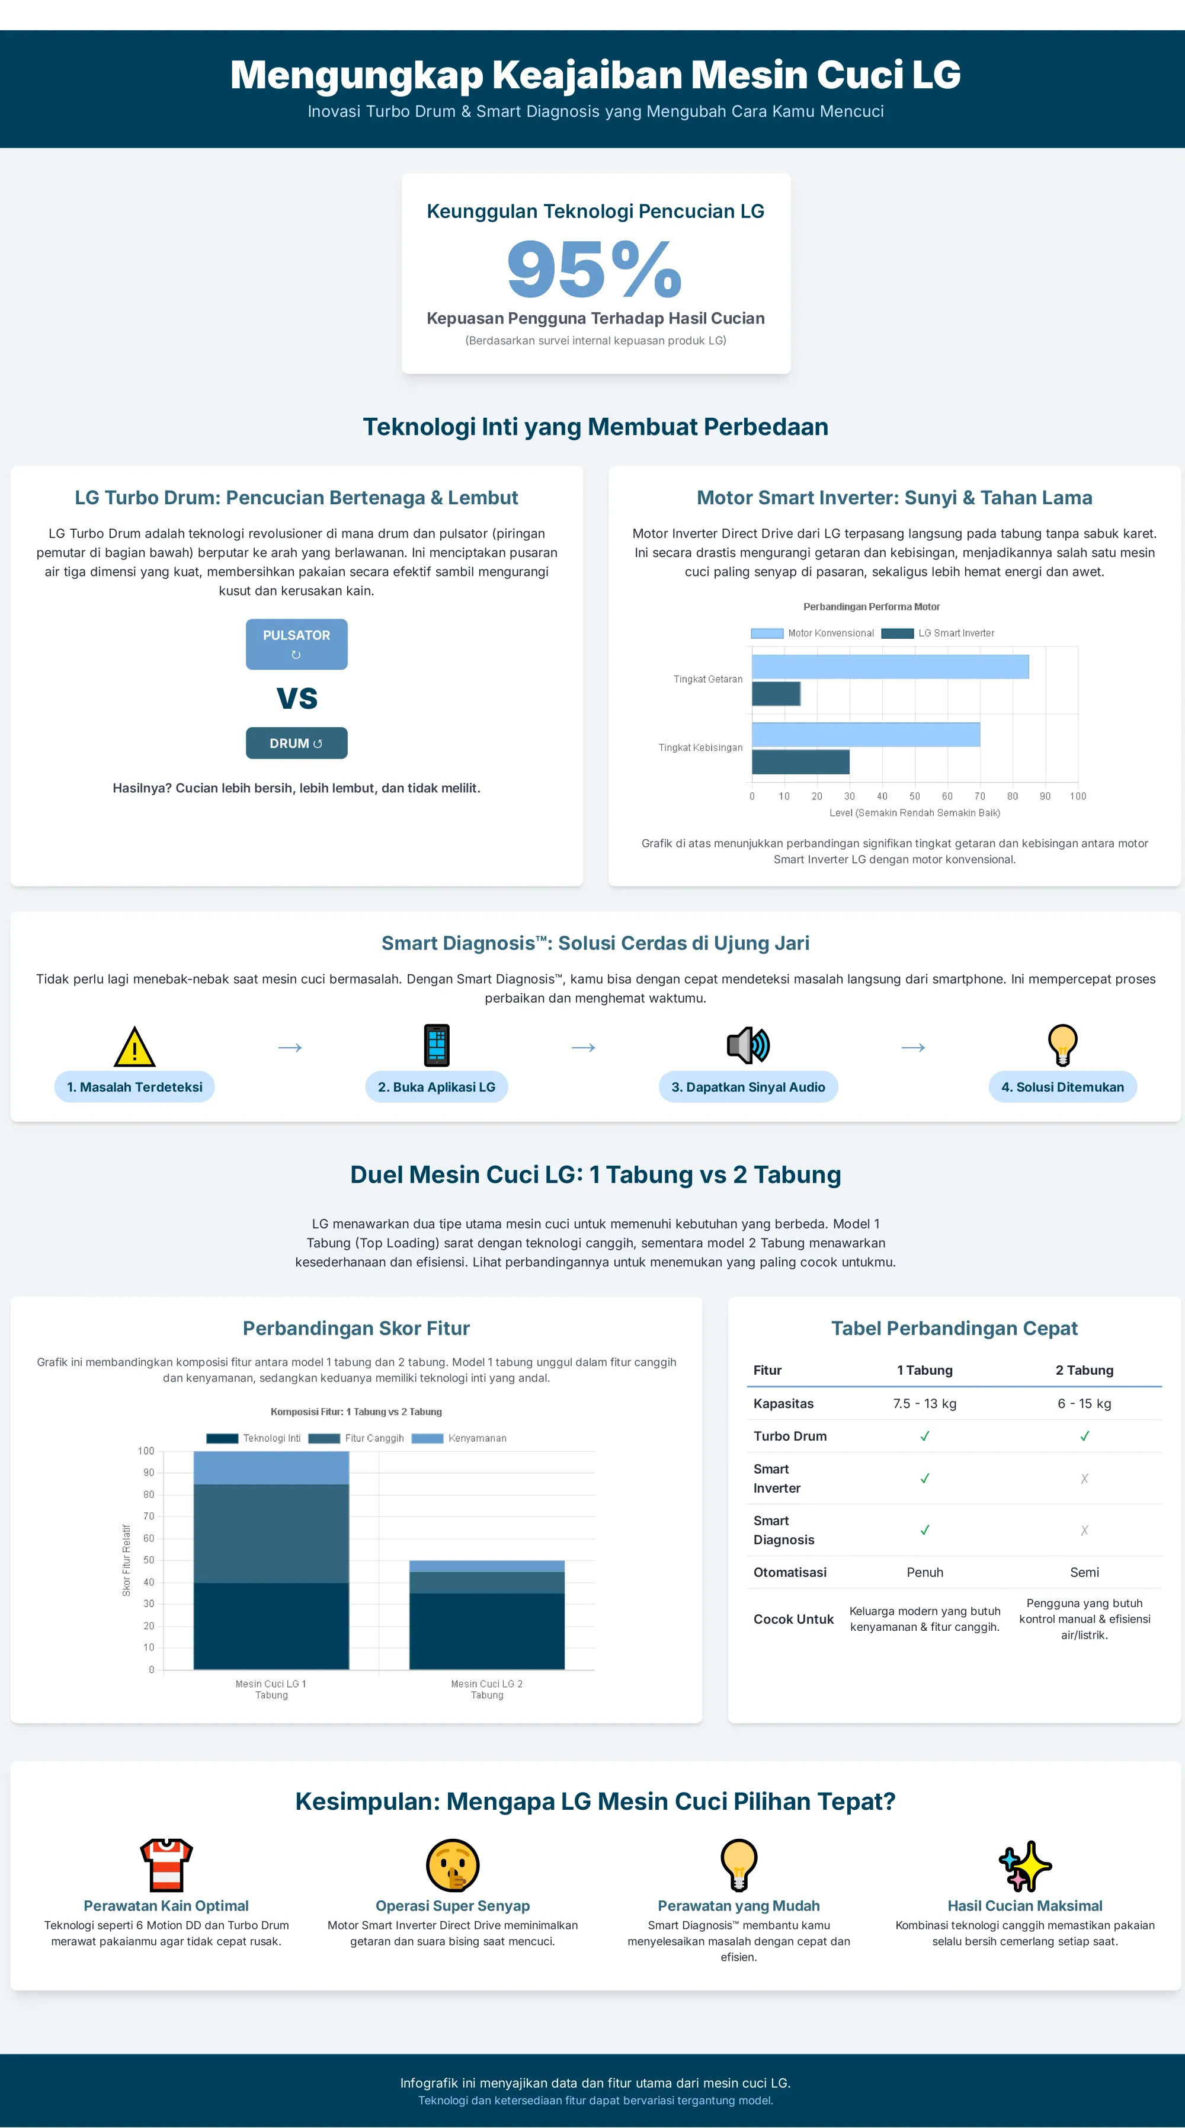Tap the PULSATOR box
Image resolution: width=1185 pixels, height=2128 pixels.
click(x=296, y=644)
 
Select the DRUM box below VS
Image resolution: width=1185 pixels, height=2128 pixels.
click(x=296, y=743)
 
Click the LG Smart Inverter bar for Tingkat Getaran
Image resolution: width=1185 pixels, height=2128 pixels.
click(x=776, y=694)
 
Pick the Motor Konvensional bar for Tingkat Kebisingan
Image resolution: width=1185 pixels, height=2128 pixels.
click(x=866, y=734)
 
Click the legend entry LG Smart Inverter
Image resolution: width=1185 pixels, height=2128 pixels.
click(x=938, y=633)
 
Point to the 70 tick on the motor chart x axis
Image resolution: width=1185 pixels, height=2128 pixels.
click(x=979, y=796)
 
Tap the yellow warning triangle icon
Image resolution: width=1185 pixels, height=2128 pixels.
click(x=134, y=1047)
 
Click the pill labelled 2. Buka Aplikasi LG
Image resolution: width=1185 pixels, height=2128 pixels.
click(x=436, y=1087)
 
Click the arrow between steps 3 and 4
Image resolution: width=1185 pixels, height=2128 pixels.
click(x=912, y=1048)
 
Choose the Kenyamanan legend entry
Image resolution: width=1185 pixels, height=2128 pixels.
click(x=459, y=1438)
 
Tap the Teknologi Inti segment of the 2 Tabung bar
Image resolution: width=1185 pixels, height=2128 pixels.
click(x=486, y=1631)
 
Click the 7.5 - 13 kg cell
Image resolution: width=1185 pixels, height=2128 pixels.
click(x=925, y=1403)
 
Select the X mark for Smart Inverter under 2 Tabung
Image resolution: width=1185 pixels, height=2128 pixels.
click(x=1084, y=1479)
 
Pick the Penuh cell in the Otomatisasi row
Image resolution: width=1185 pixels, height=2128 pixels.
click(x=925, y=1572)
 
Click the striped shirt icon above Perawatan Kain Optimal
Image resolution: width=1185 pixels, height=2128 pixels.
click(x=166, y=1865)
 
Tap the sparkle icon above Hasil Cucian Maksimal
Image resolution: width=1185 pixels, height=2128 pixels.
click(x=1025, y=1865)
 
